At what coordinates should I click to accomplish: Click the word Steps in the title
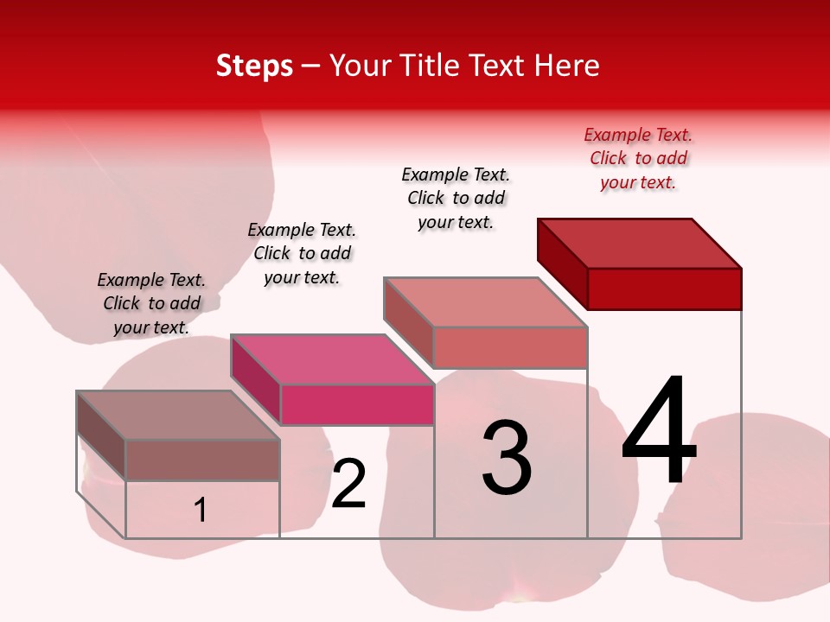coord(254,66)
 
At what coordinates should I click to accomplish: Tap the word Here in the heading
coord(567,66)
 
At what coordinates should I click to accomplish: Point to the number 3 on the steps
coord(507,458)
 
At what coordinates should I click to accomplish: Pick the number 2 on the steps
coord(349,484)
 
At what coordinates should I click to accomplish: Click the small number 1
coord(201,511)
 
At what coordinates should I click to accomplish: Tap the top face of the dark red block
coord(640,243)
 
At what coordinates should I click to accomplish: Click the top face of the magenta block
coord(333,359)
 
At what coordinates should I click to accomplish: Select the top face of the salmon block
coord(486,301)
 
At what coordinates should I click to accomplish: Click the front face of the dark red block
coord(664,289)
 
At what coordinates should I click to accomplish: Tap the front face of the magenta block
coord(357,404)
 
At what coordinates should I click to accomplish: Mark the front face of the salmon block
coord(510,347)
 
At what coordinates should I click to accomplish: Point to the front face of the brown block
coord(202,460)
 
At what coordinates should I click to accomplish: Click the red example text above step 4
coord(638,158)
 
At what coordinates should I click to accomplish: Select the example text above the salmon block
coord(456,198)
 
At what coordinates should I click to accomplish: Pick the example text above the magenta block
coord(302,253)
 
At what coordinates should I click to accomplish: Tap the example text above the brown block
coord(151,303)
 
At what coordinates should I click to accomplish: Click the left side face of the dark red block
coord(562,263)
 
